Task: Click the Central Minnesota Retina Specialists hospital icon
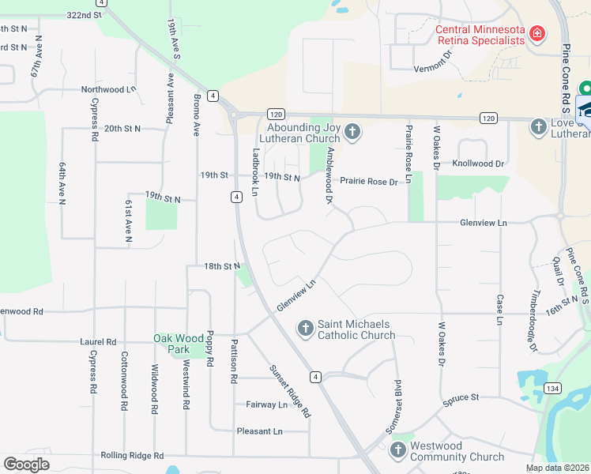pos(537,33)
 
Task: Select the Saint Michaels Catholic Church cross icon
pos(306,327)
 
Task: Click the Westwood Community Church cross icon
pos(397,450)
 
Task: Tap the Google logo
pos(26,465)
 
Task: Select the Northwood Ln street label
pos(109,89)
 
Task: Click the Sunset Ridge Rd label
pos(289,390)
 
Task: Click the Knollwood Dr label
pos(477,164)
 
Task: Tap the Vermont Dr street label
pos(432,62)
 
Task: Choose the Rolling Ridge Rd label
pos(132,456)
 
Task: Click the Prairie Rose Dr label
pos(369,181)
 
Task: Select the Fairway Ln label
pos(266,404)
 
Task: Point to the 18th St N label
pos(221,267)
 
